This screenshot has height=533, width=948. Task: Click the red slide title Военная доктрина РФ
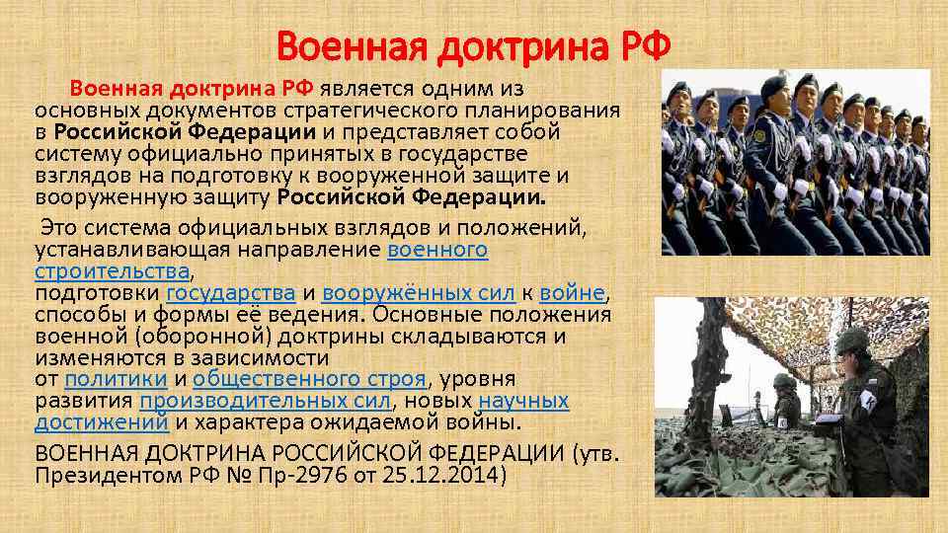(x=474, y=45)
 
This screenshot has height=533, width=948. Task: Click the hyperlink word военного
(x=437, y=250)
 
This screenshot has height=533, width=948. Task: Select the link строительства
(x=112, y=270)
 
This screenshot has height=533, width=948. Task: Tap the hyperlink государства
(x=231, y=293)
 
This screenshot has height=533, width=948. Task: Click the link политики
(x=116, y=379)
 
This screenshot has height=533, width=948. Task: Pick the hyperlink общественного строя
(x=310, y=379)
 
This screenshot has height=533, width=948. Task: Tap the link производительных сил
(x=265, y=401)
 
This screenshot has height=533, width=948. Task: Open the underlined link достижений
(x=101, y=422)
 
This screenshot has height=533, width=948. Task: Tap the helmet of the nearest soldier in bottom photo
(x=850, y=342)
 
